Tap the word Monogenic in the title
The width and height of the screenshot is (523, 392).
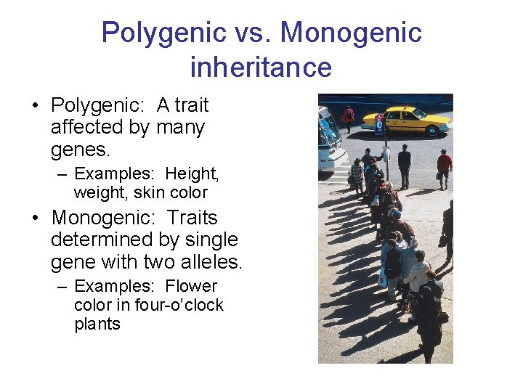[351, 33]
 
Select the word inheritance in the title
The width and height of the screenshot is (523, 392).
[261, 68]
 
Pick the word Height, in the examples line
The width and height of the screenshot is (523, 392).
[192, 174]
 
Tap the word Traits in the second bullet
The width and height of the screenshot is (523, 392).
[192, 218]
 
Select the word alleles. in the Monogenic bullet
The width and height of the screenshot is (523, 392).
[208, 261]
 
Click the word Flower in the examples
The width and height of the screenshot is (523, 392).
[191, 287]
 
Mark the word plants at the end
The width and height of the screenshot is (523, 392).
[97, 324]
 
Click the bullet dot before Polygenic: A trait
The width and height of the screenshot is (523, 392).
[36, 107]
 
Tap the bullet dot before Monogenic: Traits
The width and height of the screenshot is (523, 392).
[36, 219]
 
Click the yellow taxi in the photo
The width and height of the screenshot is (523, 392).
[406, 120]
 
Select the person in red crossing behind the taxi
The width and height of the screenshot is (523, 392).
[349, 116]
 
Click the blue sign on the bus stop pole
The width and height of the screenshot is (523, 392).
[379, 125]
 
